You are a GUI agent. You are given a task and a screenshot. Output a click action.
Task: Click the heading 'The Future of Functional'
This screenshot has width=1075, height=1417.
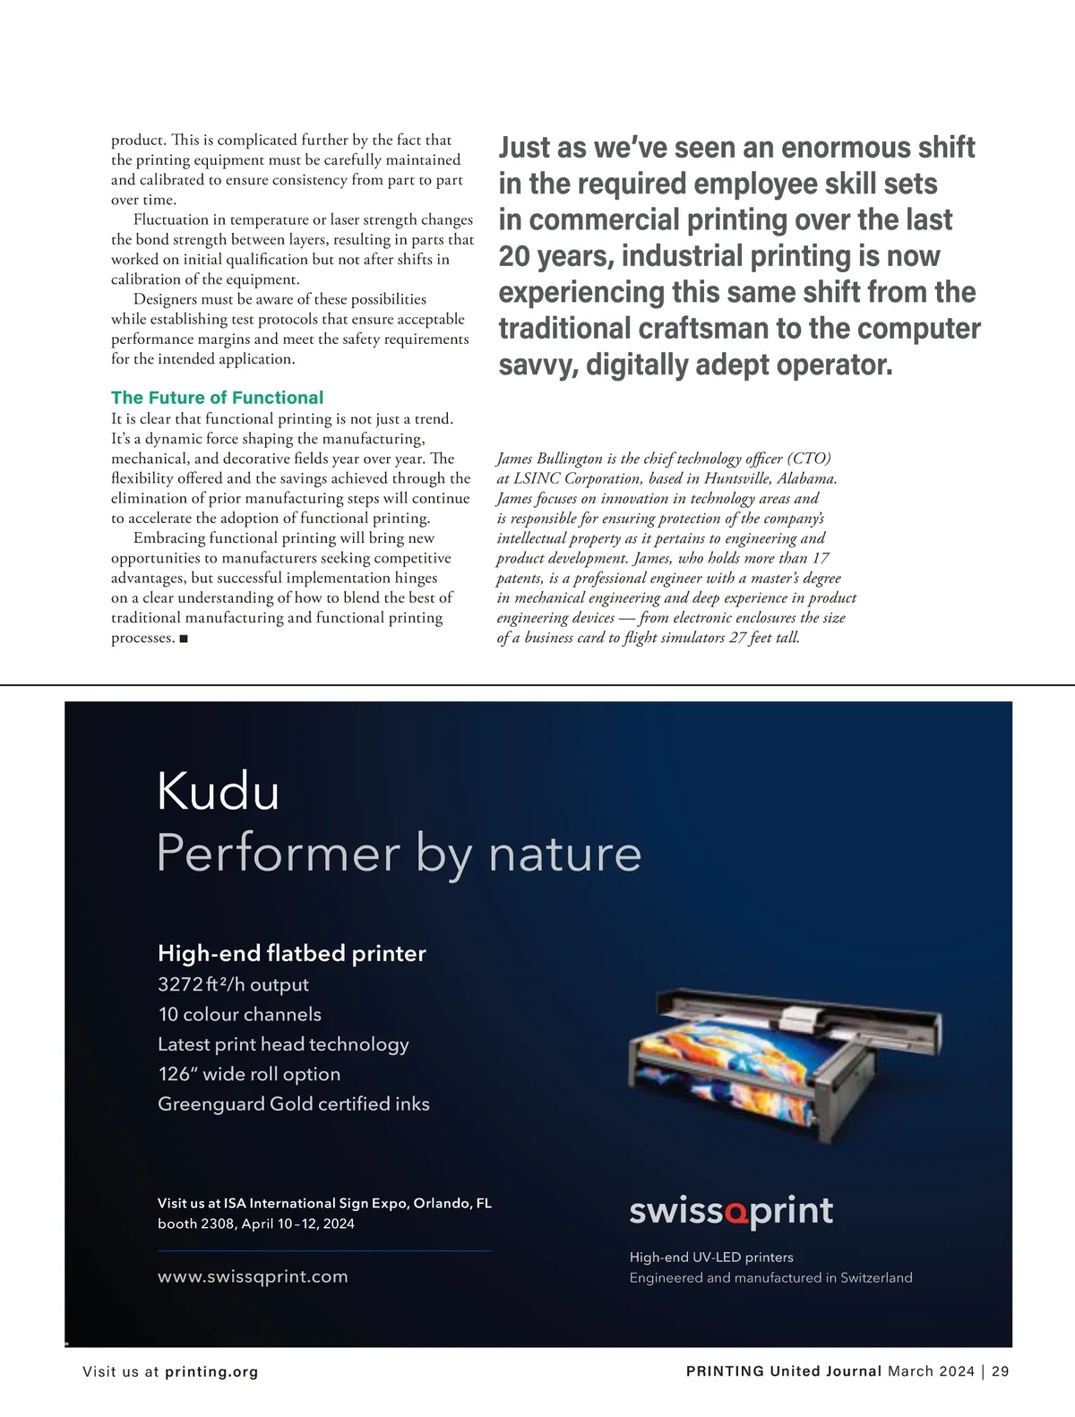pyautogui.click(x=217, y=398)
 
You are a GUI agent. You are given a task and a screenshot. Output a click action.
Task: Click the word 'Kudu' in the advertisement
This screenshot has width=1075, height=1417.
pyautogui.click(x=218, y=791)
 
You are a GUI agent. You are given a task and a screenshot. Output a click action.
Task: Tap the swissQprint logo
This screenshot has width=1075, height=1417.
pyautogui.click(x=731, y=1211)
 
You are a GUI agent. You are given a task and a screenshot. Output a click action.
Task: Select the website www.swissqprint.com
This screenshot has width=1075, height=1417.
pyautogui.click(x=253, y=1276)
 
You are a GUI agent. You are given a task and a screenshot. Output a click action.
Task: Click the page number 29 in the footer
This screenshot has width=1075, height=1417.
pyautogui.click(x=1001, y=1371)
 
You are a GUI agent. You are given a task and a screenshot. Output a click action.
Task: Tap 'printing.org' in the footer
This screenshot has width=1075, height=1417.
pyautogui.click(x=211, y=1371)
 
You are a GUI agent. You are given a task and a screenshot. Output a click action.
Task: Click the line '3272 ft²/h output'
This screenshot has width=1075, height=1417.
pyautogui.click(x=233, y=984)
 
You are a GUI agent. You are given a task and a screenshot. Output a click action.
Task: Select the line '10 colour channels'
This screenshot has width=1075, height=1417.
pyautogui.click(x=239, y=1014)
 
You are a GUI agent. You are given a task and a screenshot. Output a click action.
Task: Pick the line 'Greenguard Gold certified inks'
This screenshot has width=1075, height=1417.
pyautogui.click(x=293, y=1104)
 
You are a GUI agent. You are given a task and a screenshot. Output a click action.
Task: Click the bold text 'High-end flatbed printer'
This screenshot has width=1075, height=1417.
pyautogui.click(x=291, y=953)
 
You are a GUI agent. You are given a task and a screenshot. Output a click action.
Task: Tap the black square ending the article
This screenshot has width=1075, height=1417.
pyautogui.click(x=184, y=639)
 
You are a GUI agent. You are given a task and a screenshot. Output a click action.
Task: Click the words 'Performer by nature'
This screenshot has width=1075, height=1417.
pyautogui.click(x=399, y=853)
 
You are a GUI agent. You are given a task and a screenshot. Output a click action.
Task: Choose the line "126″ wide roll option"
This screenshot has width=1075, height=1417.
pyautogui.click(x=249, y=1074)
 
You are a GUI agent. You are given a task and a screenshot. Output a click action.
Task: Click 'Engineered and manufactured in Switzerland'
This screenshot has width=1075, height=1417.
pyautogui.click(x=770, y=1277)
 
